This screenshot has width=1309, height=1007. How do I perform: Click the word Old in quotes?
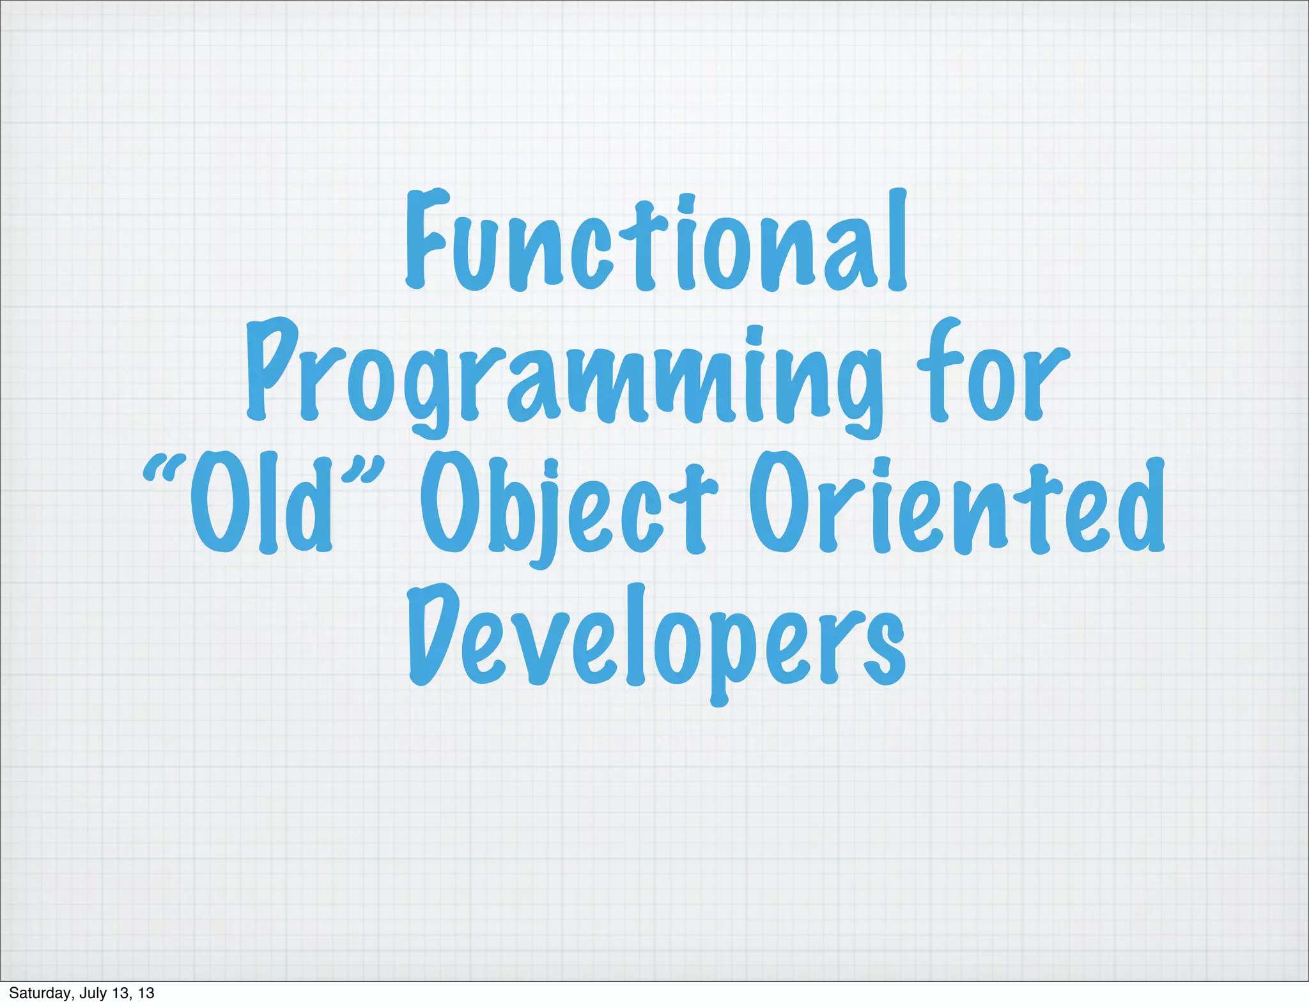262,505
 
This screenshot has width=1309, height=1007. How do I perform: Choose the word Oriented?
956,505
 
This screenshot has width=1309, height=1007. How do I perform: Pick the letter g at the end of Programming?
859,390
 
